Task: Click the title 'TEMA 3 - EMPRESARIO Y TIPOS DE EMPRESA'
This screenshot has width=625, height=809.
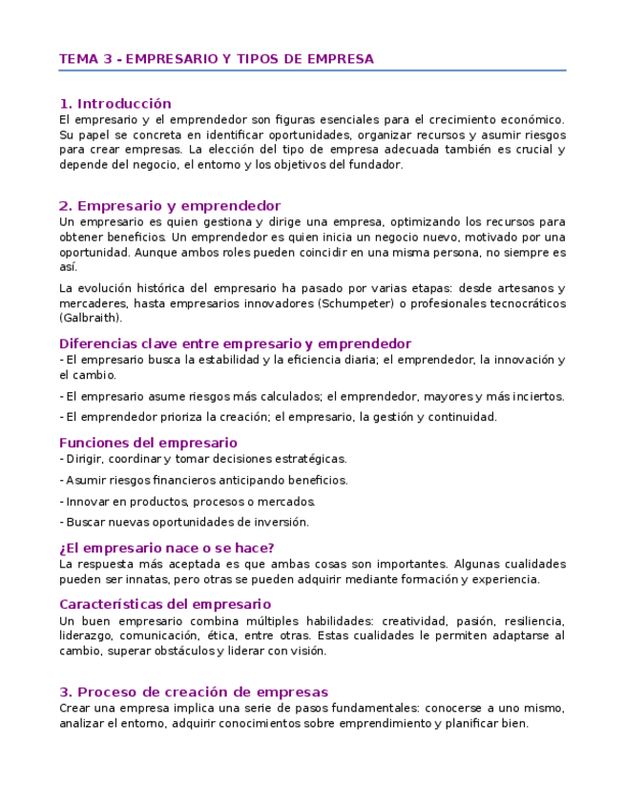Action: (x=216, y=59)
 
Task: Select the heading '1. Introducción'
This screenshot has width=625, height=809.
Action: (x=115, y=103)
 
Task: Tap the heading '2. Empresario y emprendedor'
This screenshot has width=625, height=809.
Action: (x=170, y=205)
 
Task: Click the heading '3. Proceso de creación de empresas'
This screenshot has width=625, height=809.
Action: (x=194, y=692)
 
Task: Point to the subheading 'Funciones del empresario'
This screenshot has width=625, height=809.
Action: (x=148, y=443)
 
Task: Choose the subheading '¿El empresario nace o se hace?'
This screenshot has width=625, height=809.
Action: (x=167, y=548)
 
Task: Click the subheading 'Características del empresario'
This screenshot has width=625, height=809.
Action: (x=165, y=604)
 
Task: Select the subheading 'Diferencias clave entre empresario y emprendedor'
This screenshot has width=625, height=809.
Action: (x=235, y=343)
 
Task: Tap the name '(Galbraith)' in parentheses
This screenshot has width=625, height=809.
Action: (x=91, y=319)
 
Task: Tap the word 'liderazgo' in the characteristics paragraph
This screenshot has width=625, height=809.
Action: (x=85, y=635)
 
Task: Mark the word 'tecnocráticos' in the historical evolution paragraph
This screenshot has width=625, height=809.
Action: (x=527, y=303)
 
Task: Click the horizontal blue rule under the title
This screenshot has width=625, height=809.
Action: (x=312, y=71)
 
